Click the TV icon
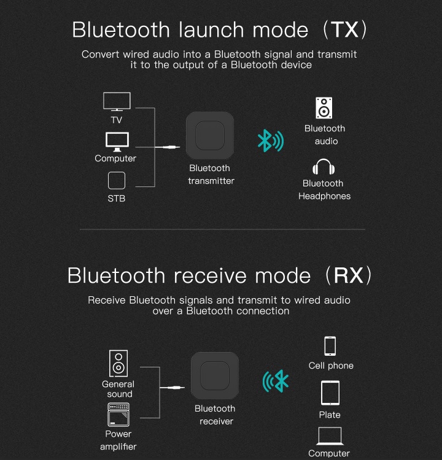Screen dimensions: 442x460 117,101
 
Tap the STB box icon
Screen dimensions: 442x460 117,180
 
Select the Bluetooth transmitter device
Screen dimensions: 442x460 210,136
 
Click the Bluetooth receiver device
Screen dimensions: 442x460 215,375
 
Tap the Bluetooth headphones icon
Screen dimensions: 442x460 324,167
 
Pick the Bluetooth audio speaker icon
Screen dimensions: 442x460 324,108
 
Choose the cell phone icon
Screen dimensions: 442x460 330,346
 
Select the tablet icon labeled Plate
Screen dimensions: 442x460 330,393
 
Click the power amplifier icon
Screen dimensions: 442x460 118,415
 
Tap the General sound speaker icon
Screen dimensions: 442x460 118,363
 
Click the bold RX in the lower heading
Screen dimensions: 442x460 348,275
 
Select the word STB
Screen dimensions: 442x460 117,199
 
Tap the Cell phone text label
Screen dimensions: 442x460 331,366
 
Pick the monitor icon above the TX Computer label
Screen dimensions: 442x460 117,142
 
